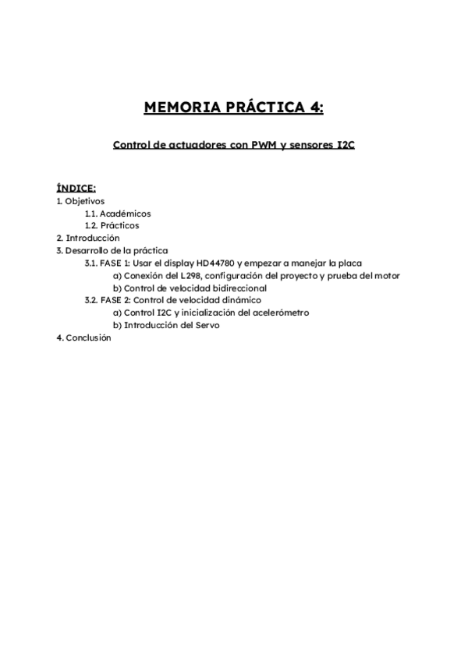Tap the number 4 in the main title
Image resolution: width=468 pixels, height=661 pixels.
[315, 108]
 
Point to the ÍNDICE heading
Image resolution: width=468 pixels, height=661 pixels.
[76, 188]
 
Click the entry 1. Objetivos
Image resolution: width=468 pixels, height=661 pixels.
[81, 200]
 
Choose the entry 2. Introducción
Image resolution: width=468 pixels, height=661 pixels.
[87, 238]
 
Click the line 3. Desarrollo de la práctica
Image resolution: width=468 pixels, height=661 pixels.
[112, 250]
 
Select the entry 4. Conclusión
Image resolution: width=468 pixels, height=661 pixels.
[84, 338]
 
